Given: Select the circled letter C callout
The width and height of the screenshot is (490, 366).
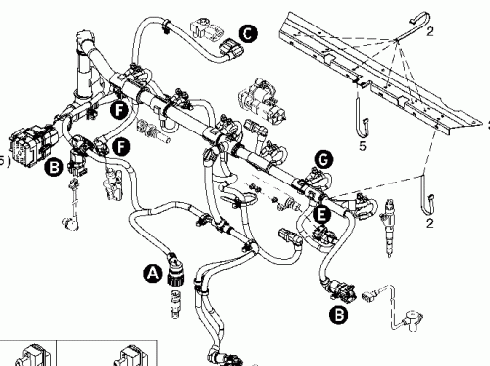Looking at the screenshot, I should (x=248, y=34).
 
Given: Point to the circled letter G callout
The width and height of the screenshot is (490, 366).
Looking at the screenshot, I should (x=322, y=159).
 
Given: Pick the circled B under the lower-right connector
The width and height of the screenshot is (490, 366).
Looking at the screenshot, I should (x=338, y=315).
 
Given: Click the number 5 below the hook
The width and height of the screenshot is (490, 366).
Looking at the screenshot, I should (x=363, y=146).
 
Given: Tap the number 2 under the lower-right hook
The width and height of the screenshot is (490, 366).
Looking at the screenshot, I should (x=429, y=224).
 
